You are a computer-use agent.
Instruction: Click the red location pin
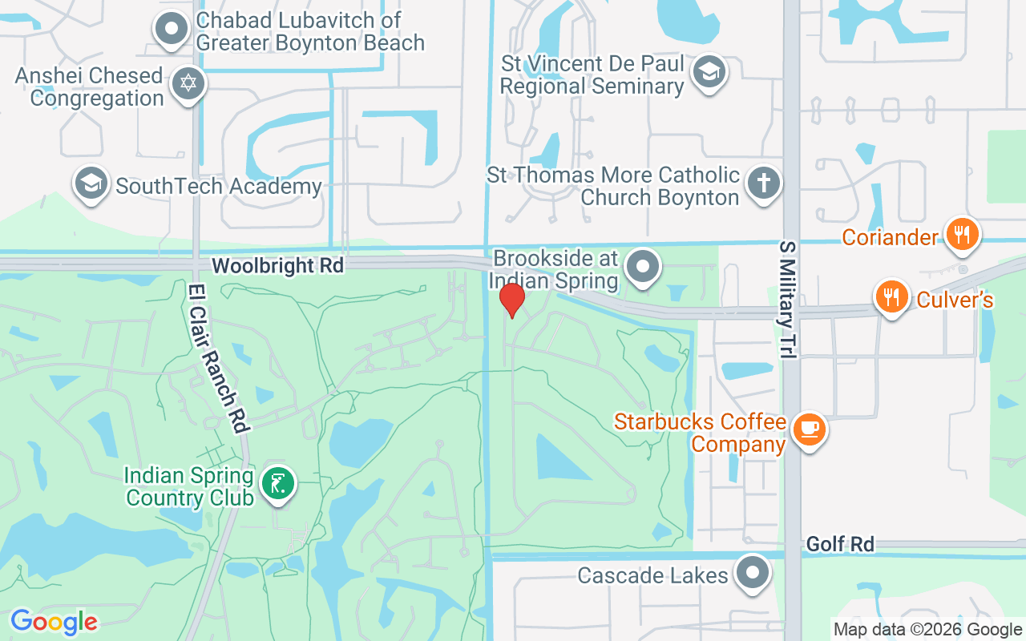coord(511,300)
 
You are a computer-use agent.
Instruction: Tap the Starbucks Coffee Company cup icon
coord(809,428)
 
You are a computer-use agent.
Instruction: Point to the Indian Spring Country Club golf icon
coord(277,483)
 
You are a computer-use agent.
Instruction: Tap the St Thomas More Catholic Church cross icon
coord(763,183)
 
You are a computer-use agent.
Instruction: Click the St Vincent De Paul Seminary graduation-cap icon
coord(709,71)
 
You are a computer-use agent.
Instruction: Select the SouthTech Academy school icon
coord(91,183)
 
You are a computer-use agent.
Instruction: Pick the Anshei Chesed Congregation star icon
coord(188,83)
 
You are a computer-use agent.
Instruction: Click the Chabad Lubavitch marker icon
coord(171,29)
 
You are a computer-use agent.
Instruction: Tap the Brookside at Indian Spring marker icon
coord(642,266)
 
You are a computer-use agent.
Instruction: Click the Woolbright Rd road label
coord(277,265)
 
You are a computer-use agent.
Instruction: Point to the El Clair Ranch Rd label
coord(216,357)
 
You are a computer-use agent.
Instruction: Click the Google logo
coord(54,622)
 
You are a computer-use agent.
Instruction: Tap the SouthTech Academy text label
coord(218,187)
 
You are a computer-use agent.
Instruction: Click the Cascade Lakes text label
coord(652,575)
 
